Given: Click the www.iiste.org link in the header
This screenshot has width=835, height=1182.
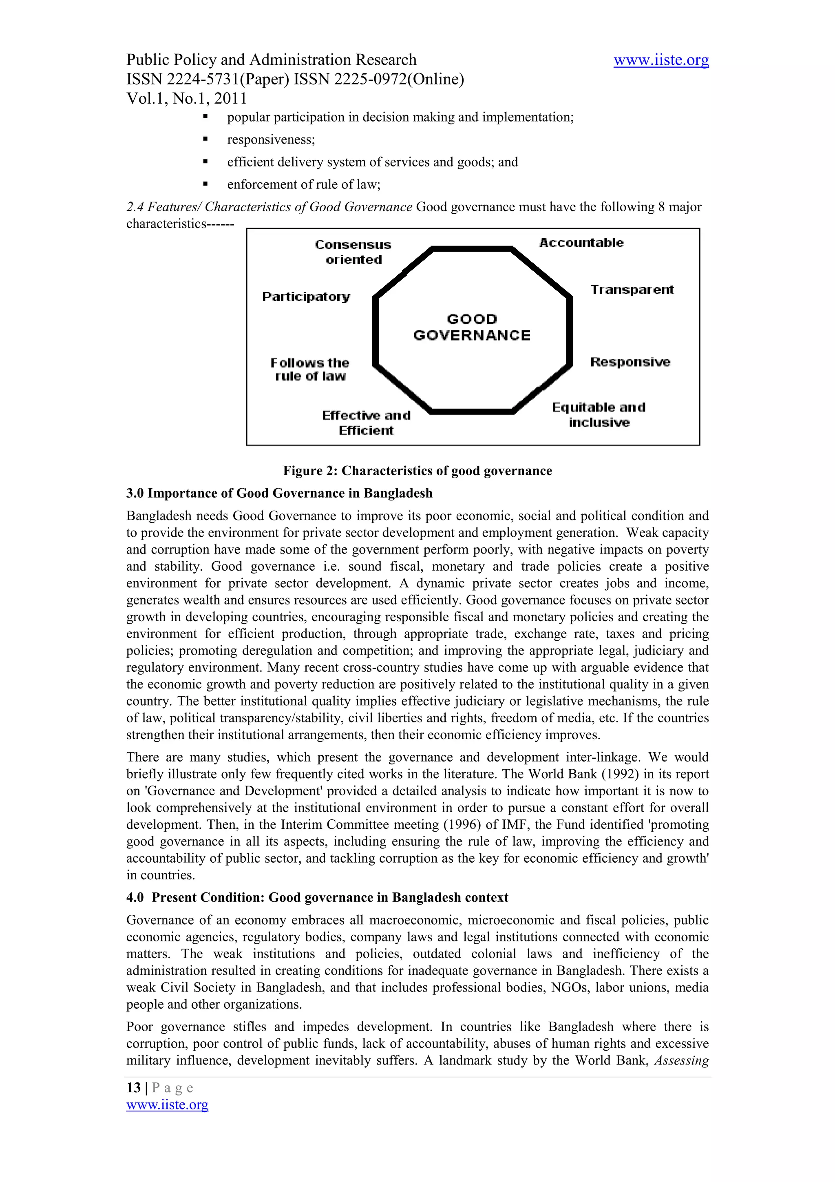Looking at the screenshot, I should [x=660, y=60].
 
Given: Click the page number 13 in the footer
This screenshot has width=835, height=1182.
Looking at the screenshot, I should [x=133, y=1087].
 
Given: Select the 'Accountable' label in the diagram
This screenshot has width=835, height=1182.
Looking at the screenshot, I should [x=581, y=242].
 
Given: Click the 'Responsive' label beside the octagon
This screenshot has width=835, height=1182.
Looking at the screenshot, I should [x=630, y=362].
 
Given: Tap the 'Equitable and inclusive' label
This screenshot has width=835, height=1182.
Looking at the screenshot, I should [x=599, y=414].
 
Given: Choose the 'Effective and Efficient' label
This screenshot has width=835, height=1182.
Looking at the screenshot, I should [x=366, y=422].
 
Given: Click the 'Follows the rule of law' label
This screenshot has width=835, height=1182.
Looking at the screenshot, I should [x=310, y=369].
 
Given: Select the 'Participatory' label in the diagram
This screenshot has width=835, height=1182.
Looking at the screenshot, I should [x=306, y=297].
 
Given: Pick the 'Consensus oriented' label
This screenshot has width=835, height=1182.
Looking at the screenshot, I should [x=353, y=252].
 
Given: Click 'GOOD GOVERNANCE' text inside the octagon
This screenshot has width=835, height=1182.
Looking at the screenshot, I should [x=472, y=328].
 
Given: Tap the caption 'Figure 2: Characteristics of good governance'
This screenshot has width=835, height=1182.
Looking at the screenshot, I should [x=417, y=471].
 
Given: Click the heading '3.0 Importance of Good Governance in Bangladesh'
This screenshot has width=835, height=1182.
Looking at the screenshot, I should [x=279, y=493].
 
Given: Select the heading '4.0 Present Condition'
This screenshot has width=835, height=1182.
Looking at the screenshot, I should [x=317, y=897].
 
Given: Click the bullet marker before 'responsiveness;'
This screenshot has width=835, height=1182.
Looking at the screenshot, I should [x=205, y=139].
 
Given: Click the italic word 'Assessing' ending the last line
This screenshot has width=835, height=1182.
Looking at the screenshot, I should [x=681, y=1060].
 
